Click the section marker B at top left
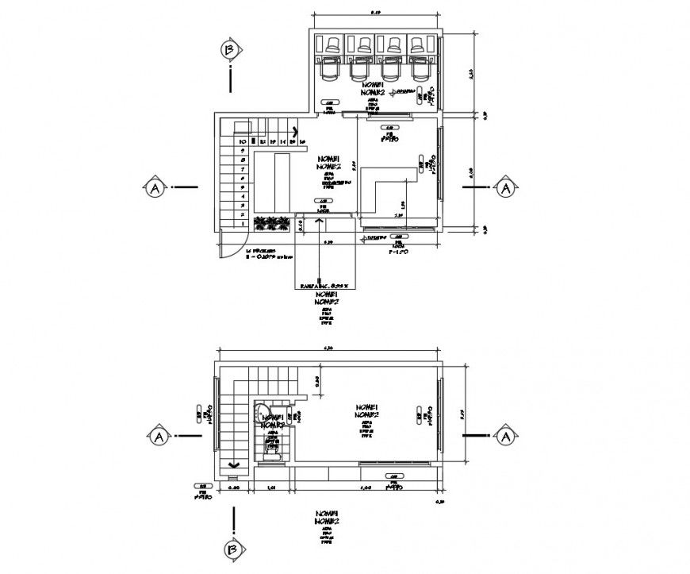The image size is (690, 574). (230, 50)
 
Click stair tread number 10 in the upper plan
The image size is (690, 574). (243, 142)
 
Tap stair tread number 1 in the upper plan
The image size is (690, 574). (243, 225)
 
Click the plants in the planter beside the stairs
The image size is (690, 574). (271, 224)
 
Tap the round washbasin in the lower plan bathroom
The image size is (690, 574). (263, 413)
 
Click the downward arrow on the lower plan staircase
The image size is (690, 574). (233, 465)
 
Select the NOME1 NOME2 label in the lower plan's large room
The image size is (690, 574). (366, 410)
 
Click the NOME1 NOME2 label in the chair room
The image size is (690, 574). (372, 88)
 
